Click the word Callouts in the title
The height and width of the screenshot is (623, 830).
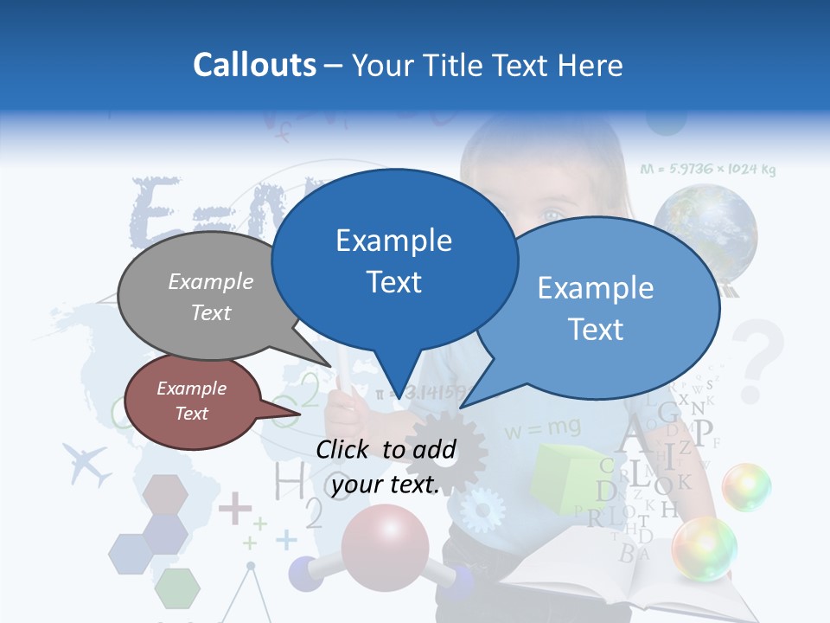point(254,65)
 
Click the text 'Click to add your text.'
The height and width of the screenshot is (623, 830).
point(386,466)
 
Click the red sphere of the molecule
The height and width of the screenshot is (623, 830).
point(384,540)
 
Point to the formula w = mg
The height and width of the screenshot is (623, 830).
point(543,428)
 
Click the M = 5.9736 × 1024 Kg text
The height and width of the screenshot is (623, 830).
point(708,170)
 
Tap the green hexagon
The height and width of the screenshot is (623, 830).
point(177,588)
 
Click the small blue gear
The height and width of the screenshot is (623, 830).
point(481,511)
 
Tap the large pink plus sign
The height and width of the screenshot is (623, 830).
point(234,508)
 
